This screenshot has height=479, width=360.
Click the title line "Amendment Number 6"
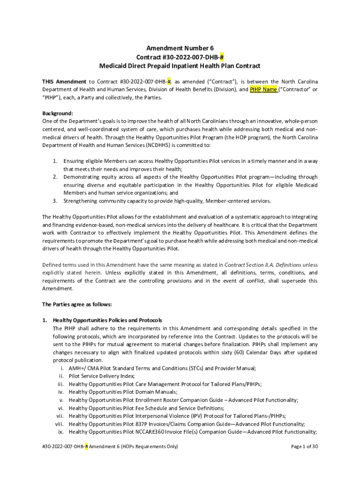tap(180, 48)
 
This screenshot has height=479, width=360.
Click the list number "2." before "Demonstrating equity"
tap(55, 177)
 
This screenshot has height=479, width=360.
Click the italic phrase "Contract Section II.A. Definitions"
tap(263, 264)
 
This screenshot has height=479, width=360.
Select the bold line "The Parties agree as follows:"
tap(77, 304)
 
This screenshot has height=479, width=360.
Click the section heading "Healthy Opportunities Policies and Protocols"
tap(108, 320)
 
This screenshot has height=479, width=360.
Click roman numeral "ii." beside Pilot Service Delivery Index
tap(61, 376)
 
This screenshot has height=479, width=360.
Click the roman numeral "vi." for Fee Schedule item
tap(60, 407)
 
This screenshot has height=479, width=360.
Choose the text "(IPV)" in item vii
tap(216, 415)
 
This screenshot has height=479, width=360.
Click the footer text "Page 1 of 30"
tap(304, 446)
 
